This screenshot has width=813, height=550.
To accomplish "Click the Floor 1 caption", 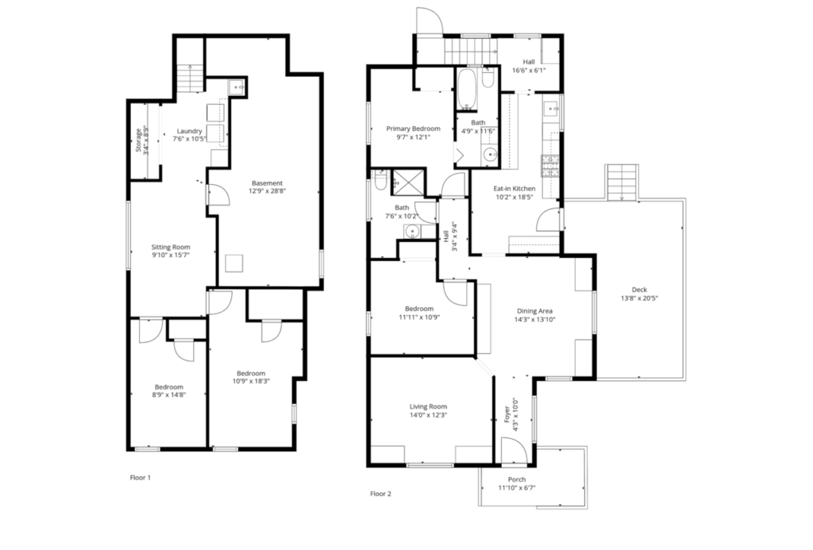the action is pyautogui.click(x=140, y=478).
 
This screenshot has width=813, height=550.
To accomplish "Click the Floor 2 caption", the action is pyautogui.click(x=380, y=494).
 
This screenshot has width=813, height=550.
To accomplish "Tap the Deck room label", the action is pyautogui.click(x=639, y=290).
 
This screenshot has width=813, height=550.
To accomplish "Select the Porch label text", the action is pyautogui.click(x=517, y=479).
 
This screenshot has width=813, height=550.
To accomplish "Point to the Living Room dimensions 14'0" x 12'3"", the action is pyautogui.click(x=428, y=415).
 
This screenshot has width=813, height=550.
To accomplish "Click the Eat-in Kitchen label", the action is pyautogui.click(x=514, y=189).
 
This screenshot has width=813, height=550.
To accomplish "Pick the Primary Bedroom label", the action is pyautogui.click(x=413, y=129).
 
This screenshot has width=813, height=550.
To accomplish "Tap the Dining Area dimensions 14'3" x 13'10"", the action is pyautogui.click(x=534, y=319).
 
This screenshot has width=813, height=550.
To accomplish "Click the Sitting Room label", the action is pyautogui.click(x=171, y=248).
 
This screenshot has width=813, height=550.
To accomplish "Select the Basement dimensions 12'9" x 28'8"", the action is pyautogui.click(x=267, y=190).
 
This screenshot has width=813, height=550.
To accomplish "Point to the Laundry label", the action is pyautogui.click(x=189, y=131).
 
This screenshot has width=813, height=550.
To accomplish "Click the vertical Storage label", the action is pyautogui.click(x=138, y=140).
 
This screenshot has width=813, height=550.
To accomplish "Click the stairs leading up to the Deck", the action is pyautogui.click(x=622, y=182).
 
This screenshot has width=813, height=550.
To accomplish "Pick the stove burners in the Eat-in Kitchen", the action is pyautogui.click(x=549, y=165).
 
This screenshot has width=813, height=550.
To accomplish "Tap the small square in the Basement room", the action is pyautogui.click(x=234, y=263).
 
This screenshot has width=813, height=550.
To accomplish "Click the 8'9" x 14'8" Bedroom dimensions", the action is pyautogui.click(x=169, y=394).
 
